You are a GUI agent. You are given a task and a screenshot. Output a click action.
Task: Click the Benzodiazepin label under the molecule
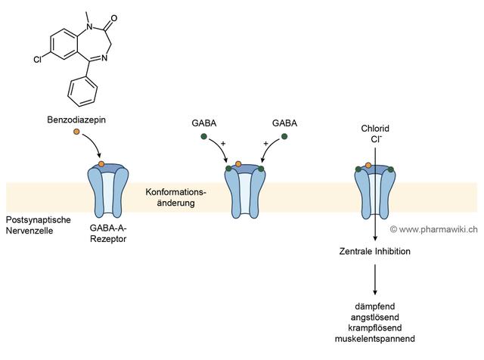coord(76,120)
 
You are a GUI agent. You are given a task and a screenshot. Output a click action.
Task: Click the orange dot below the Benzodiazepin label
coord(76,134)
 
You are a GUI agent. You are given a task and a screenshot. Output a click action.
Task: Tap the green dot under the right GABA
coord(284,136)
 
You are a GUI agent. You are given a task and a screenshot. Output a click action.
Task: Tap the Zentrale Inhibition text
coord(374,252)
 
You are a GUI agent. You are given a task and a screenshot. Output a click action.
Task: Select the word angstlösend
coord(374,317)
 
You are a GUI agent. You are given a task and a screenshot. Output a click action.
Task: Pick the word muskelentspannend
coord(374,340)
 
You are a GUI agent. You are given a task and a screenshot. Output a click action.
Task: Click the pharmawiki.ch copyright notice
coord(433,229)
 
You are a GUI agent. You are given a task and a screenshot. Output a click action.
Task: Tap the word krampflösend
coord(374,328)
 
